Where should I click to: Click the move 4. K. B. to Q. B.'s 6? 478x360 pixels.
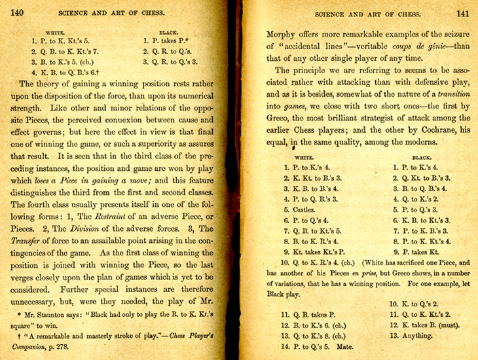62,74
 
